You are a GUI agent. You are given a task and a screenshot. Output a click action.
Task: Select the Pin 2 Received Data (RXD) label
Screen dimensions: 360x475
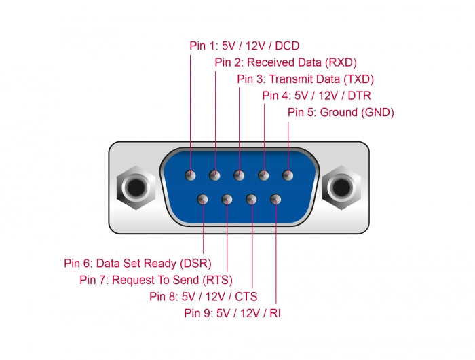point(285,62)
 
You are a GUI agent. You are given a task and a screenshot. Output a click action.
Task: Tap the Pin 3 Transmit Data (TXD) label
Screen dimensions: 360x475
point(305,79)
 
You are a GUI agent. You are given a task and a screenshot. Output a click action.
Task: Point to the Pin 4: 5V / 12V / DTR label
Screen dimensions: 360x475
point(317,96)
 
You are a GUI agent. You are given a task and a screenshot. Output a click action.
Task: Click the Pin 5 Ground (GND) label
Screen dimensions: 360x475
point(341,112)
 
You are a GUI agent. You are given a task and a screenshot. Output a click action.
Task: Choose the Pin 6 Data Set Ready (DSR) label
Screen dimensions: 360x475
point(138,263)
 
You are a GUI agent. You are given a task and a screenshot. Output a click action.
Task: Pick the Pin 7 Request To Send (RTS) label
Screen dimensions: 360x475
point(156,279)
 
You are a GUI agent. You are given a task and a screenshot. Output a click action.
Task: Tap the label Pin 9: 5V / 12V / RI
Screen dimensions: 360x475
point(232,313)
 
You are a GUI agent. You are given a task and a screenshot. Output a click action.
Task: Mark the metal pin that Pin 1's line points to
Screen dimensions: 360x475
point(191,176)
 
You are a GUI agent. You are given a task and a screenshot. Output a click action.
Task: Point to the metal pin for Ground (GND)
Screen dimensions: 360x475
point(288,176)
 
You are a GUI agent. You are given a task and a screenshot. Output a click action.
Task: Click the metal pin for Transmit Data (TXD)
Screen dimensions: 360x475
point(239,176)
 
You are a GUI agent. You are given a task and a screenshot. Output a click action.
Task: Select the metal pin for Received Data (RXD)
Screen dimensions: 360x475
point(215,176)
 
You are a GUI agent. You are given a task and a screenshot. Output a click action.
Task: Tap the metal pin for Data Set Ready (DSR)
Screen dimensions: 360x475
point(203,200)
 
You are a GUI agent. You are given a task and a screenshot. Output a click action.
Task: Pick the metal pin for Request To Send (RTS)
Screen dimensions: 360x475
point(227,200)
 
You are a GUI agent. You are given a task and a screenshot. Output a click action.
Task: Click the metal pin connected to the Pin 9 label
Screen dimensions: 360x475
point(275,200)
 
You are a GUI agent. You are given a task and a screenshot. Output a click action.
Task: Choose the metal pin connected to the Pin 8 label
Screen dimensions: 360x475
point(251,200)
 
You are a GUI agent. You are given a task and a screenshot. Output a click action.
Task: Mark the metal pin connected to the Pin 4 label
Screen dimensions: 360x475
point(263,176)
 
